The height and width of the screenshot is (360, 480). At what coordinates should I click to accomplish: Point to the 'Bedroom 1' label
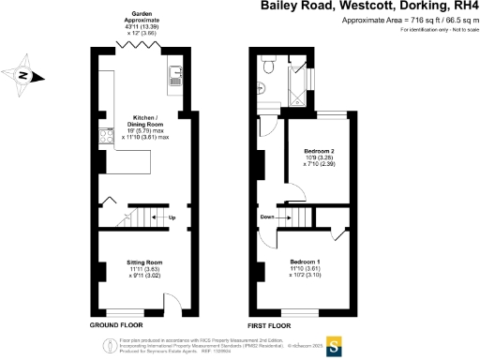(x=306, y=260)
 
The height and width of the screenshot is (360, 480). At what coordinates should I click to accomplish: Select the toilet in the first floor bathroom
(x=269, y=65)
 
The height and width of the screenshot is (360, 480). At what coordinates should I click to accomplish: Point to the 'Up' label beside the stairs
(x=171, y=217)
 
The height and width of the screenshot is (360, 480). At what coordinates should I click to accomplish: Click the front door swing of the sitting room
(x=172, y=305)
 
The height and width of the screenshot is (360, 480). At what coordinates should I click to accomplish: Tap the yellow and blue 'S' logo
(x=331, y=343)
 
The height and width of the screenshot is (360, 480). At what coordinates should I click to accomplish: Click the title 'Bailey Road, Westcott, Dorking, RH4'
(x=368, y=7)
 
